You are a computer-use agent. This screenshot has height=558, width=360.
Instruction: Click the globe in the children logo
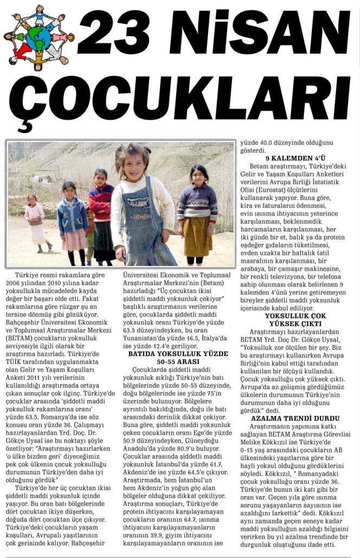click(x=38, y=38)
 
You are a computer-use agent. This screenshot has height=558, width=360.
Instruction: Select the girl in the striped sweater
click(x=198, y=211)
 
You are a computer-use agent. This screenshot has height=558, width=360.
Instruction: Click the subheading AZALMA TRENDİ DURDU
click(x=295, y=418)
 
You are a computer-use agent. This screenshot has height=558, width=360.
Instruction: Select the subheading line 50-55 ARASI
click(x=178, y=361)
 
